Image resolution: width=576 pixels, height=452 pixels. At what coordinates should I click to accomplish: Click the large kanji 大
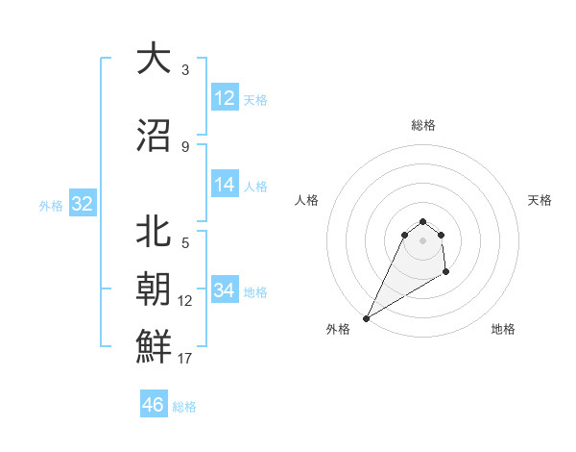pos(154,60)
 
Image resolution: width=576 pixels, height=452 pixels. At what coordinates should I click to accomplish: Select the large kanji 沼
pos(154,136)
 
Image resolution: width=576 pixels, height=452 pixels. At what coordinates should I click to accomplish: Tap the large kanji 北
pos(154,234)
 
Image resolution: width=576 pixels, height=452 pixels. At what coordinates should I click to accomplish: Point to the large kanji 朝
pos(154,289)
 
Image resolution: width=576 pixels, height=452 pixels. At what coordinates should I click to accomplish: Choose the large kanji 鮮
pos(154,345)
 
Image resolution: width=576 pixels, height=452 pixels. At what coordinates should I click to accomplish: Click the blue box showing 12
pos(225,98)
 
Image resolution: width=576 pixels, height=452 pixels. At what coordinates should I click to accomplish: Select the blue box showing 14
pos(225,185)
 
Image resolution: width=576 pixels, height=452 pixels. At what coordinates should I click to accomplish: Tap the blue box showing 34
pos(225,290)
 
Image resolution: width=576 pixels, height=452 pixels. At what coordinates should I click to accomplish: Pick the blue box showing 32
pos(82,204)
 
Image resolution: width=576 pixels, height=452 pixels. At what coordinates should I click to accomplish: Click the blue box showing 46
pos(154,405)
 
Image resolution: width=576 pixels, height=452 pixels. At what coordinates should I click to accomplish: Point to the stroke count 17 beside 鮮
pos(185,359)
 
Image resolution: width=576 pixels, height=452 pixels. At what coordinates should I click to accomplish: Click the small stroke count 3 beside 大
pos(185,70)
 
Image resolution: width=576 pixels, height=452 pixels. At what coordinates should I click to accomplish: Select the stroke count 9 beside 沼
pos(185,147)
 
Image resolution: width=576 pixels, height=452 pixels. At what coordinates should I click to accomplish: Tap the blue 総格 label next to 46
pos(184,407)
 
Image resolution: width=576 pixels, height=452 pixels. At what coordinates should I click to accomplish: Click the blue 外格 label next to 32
pos(50,206)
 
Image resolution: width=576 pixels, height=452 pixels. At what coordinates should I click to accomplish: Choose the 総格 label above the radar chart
pos(422,125)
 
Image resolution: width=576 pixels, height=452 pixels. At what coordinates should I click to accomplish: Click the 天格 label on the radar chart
pos(540,200)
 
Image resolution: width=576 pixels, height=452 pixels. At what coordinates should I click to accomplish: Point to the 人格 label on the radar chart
pos(307,200)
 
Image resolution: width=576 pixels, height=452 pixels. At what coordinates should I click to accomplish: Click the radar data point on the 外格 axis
pos(366,318)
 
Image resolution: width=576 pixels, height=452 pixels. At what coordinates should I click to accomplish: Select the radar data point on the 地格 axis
pos(446,273)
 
